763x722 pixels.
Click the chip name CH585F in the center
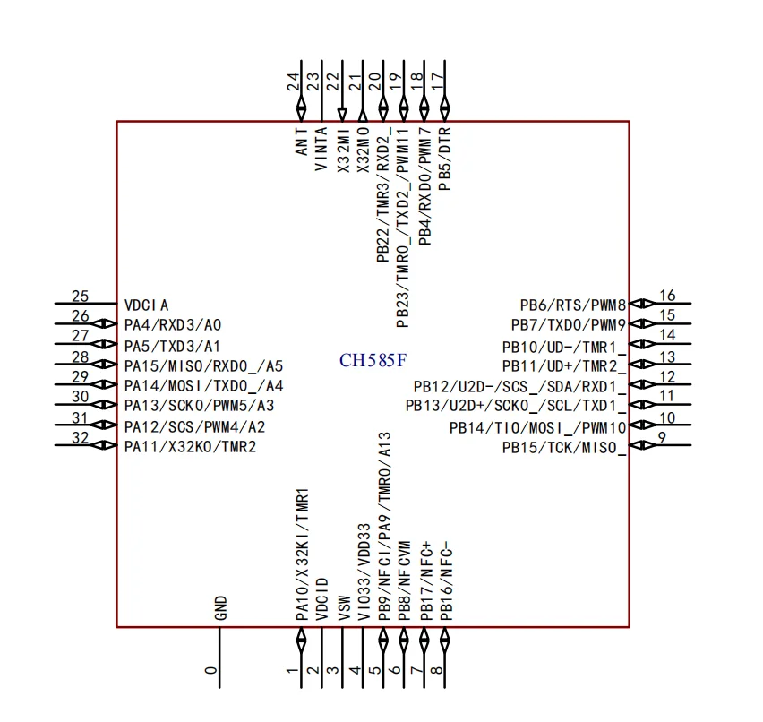click(373, 361)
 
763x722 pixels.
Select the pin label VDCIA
click(146, 305)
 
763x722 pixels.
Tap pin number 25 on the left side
click(80, 297)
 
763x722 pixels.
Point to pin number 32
click(80, 438)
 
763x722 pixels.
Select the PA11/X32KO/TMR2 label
click(190, 446)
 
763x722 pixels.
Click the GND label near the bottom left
click(221, 609)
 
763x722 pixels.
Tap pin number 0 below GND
click(211, 670)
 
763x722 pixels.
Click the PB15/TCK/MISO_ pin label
click(563, 447)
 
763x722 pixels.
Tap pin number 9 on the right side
click(663, 438)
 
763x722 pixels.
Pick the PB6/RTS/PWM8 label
click(572, 305)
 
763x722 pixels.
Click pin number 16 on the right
click(667, 297)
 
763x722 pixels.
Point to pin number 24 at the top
click(293, 82)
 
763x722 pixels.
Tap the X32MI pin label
click(343, 149)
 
